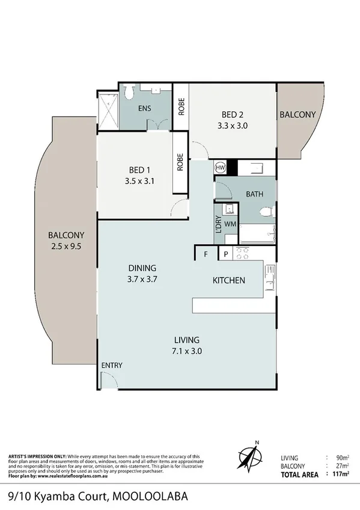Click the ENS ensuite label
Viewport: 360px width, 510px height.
pos(144,109)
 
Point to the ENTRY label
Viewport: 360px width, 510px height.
pos(112,366)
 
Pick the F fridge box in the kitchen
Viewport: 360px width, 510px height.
pos(206,254)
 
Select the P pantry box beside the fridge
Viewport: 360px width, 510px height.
pos(226,254)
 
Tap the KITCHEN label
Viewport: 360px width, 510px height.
pos(228,280)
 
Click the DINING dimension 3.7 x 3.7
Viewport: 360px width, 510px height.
pos(142,279)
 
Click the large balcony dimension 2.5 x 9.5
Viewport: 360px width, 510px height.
pos(67,246)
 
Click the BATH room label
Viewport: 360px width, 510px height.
pos(255,194)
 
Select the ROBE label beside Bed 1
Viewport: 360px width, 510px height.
pos(180,164)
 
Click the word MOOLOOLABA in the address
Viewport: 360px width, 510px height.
pos(150,497)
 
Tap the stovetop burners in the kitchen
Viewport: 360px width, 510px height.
pos(243,253)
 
